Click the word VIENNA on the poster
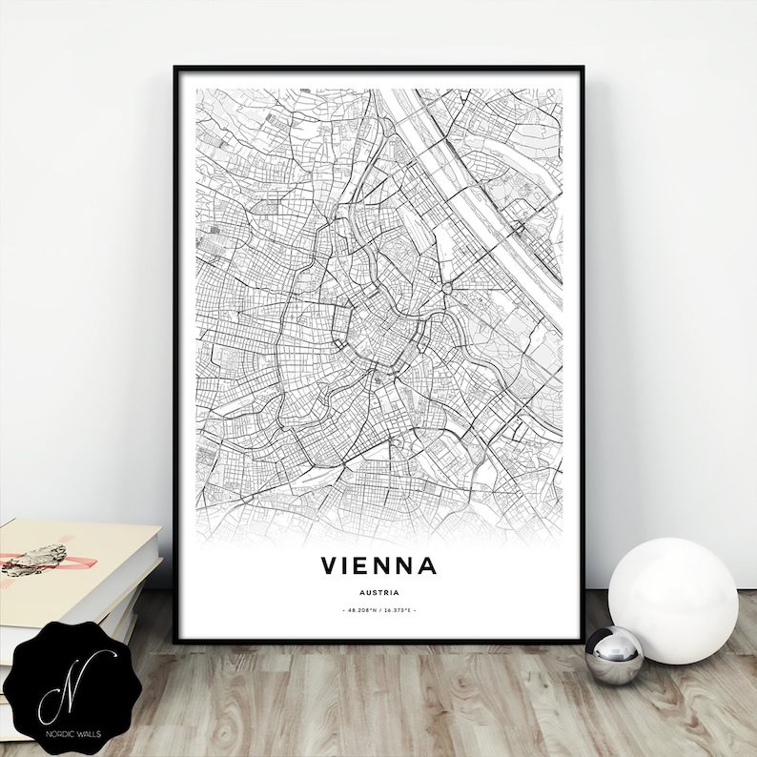coord(378,565)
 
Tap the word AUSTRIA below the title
coord(378,591)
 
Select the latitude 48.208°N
coord(358,609)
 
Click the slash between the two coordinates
coord(378,609)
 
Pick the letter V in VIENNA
coord(330,565)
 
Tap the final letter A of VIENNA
coord(427,565)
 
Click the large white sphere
coord(673,588)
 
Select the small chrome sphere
coord(614,655)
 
